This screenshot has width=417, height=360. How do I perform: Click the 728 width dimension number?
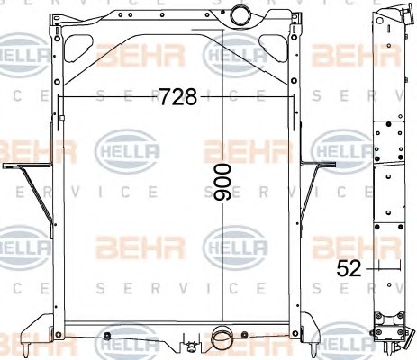178,96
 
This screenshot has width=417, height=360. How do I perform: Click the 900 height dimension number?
222,183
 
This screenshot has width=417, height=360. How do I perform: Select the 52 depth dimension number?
349,268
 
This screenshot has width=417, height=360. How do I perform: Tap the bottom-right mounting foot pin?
313,349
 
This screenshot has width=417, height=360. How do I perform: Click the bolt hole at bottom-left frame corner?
59,334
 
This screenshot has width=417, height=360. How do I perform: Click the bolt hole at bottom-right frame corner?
295,333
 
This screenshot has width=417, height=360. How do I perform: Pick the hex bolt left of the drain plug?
106,336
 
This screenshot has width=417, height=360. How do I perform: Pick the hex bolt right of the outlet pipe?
245,334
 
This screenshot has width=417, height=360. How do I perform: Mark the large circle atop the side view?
380,21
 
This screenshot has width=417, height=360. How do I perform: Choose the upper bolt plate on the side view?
389,142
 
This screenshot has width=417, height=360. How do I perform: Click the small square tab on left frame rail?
62,118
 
